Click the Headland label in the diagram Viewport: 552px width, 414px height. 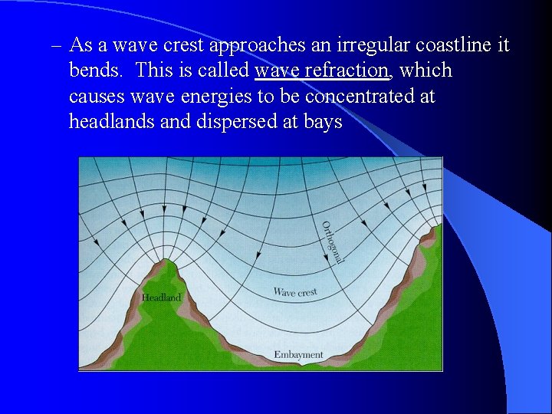(162, 297)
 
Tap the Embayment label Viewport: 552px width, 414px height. (298, 355)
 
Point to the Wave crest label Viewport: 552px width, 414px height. (295, 292)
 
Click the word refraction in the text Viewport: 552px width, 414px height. (349, 71)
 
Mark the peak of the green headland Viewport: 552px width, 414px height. (166, 261)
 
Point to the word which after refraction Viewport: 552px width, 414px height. (426, 71)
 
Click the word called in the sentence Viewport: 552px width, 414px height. (224, 71)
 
